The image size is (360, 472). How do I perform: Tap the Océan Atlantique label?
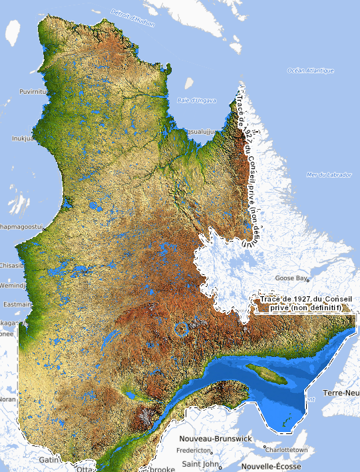305,70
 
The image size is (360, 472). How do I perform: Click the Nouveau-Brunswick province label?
215,439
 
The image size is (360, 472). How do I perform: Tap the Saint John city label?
200,463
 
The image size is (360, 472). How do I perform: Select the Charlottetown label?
289,450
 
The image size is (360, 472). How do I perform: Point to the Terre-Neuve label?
341,393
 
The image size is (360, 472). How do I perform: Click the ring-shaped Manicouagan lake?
180,328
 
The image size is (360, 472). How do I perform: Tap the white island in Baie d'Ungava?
189,85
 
